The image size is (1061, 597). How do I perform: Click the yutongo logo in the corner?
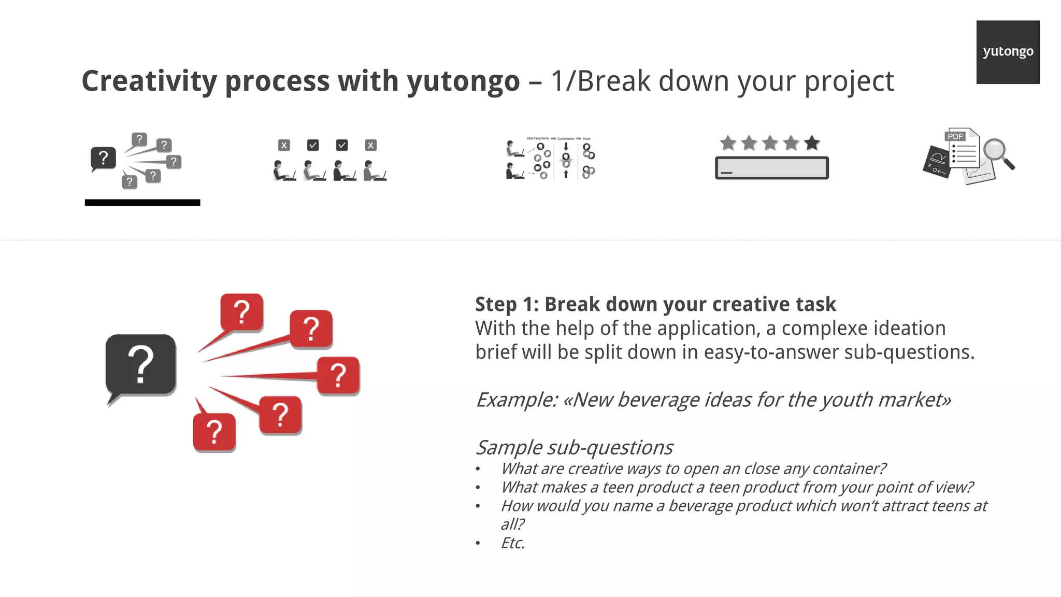(x=1008, y=52)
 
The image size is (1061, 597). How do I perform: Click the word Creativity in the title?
(x=149, y=81)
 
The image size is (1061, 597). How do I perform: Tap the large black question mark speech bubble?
(x=140, y=365)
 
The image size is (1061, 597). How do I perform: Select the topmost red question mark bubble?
(x=241, y=312)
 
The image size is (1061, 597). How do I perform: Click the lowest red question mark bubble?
(x=214, y=432)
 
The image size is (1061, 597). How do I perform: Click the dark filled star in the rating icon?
(x=812, y=143)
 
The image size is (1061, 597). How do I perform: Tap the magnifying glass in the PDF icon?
(x=997, y=153)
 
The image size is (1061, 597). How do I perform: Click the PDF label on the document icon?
(x=955, y=136)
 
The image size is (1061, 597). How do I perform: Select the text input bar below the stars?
(x=771, y=168)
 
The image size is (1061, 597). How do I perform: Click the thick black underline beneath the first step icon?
(x=142, y=203)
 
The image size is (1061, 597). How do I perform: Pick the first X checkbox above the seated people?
(x=284, y=145)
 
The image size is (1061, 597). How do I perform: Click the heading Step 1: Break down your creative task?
(x=655, y=304)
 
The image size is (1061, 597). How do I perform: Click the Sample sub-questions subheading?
(x=574, y=447)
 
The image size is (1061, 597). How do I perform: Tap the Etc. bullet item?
(x=512, y=543)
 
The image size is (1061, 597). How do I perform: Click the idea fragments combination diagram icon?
(x=551, y=158)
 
